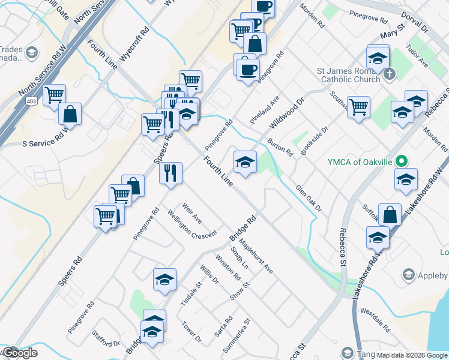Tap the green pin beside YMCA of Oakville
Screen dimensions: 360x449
point(405,161)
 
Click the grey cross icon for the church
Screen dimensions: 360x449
point(389,75)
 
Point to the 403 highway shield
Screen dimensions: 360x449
point(31,103)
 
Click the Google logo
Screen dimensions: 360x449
point(19,353)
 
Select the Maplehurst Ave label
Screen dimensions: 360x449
point(256,257)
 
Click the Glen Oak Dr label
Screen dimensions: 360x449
point(309,198)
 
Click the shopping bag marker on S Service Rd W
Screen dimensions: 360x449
point(70,113)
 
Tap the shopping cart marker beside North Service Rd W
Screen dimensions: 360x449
point(54,94)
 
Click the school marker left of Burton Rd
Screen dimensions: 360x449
point(245,161)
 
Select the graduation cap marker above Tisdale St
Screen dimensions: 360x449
point(164,280)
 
